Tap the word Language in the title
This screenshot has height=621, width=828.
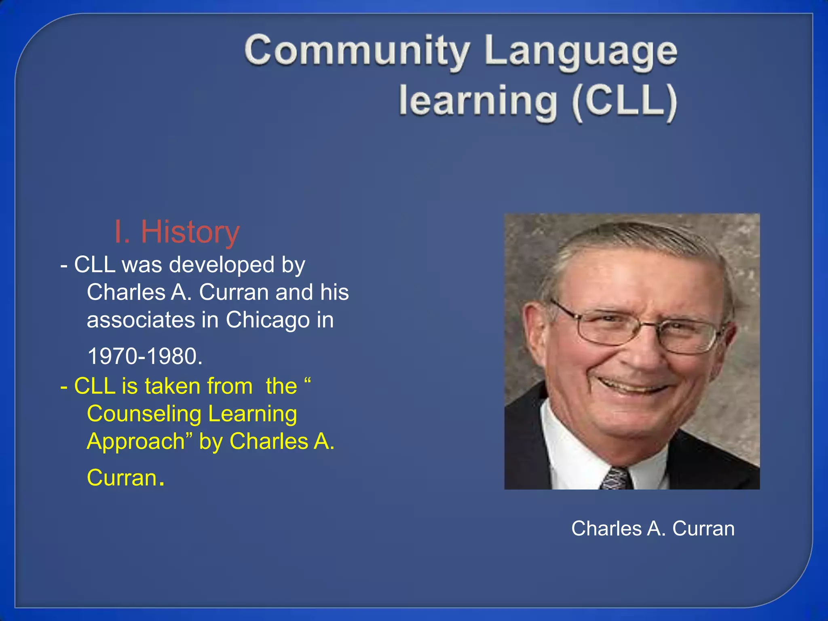coord(581,53)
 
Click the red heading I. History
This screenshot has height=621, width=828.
coord(177,232)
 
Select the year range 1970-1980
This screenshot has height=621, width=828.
coord(145,357)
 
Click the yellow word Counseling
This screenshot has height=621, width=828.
coord(144,414)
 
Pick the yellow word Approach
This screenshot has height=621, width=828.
coord(136,441)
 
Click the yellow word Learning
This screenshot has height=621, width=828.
coord(253,414)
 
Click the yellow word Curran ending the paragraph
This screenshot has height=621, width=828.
coord(122,478)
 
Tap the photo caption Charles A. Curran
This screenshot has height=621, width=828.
coord(653,528)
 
